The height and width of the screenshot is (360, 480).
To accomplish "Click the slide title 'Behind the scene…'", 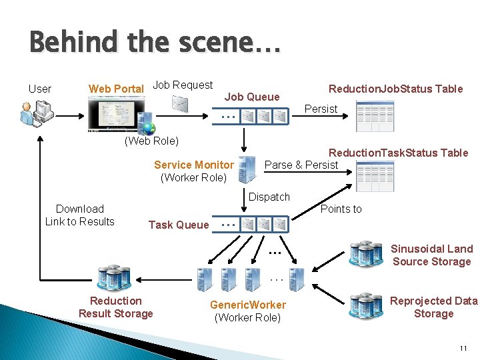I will (155, 43).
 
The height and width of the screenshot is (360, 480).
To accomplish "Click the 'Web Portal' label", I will (116, 89).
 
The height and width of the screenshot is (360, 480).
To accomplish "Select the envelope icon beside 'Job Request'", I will (180, 103).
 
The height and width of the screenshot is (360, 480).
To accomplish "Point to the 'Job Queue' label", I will (252, 97).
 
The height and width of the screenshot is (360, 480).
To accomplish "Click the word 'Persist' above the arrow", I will (321, 109).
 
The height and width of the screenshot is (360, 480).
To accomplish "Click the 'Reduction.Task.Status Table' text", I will (398, 153).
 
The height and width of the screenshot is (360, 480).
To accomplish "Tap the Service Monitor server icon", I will (247, 169).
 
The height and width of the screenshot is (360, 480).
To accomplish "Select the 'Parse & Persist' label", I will (301, 165).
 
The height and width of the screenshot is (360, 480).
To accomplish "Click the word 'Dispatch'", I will (269, 197).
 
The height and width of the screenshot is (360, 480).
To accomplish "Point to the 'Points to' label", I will (341, 209).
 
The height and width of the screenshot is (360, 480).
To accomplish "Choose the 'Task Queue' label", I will (178, 225).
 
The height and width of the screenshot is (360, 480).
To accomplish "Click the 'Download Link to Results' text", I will (80, 215).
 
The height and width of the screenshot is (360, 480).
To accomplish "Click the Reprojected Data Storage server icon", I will (365, 306).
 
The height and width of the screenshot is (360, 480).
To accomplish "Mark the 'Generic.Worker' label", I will (248, 305).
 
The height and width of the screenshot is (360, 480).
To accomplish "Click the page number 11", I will (463, 349).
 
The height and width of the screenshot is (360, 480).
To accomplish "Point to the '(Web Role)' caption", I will (151, 141).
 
